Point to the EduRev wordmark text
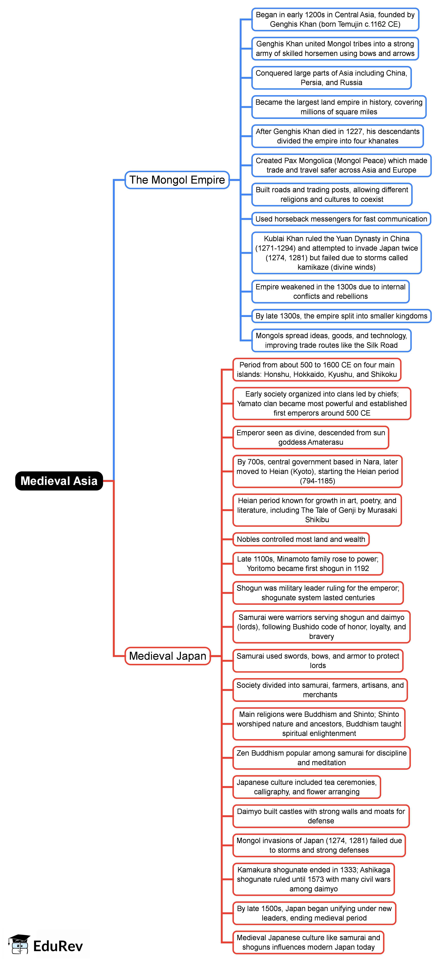(58, 946)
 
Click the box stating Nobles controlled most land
(301, 539)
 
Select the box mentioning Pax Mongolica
(341, 165)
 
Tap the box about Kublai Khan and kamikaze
(337, 253)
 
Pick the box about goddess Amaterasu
(311, 437)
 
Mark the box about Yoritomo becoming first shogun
(308, 563)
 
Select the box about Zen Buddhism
(322, 758)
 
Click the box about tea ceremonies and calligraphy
(307, 787)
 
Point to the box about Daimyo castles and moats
(321, 816)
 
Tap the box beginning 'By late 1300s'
(341, 316)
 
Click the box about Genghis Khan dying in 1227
(337, 136)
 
